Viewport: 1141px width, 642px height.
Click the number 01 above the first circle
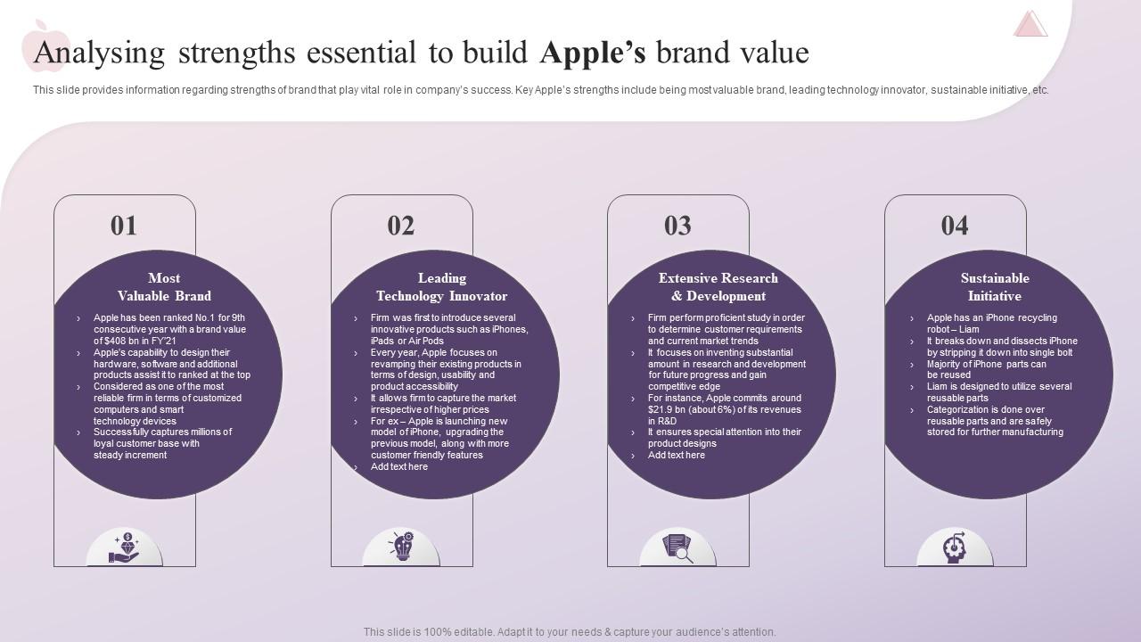click(124, 226)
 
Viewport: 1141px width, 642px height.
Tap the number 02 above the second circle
click(401, 226)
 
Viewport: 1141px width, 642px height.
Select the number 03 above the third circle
click(677, 226)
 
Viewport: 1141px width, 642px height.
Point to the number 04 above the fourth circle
click(955, 226)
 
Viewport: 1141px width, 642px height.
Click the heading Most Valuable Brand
click(164, 287)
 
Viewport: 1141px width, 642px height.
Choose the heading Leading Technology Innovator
click(441, 287)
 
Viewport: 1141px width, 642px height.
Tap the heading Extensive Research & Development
click(718, 287)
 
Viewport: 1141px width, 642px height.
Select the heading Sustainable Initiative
click(995, 287)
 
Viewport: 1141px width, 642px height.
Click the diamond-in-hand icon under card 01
click(124, 547)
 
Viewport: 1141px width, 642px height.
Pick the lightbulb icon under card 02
click(401, 546)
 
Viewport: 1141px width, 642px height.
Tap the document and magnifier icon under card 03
click(677, 547)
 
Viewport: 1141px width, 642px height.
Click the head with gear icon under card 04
click(955, 547)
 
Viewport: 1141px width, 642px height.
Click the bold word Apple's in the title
click(593, 53)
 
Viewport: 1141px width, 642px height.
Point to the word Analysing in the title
click(99, 53)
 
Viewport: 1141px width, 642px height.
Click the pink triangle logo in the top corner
click(1030, 24)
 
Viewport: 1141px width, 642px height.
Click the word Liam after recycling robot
click(968, 329)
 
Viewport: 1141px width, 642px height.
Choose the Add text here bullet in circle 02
click(399, 466)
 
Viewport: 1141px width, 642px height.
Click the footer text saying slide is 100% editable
click(570, 632)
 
